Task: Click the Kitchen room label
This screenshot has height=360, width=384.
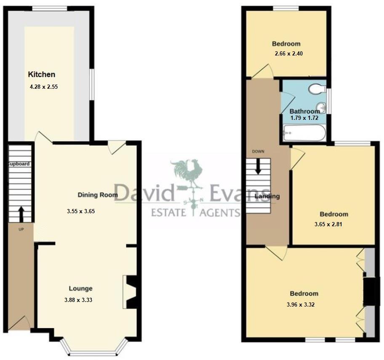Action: [41, 74]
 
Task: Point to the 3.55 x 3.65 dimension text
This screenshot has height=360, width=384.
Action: [81, 211]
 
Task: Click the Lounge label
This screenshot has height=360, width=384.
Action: [81, 289]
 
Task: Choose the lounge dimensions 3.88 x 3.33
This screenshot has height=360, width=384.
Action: [79, 300]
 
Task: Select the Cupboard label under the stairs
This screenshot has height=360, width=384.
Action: [19, 164]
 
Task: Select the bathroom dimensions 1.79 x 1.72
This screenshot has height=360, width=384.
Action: [305, 119]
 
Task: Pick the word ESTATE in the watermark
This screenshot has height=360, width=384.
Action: [168, 212]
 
